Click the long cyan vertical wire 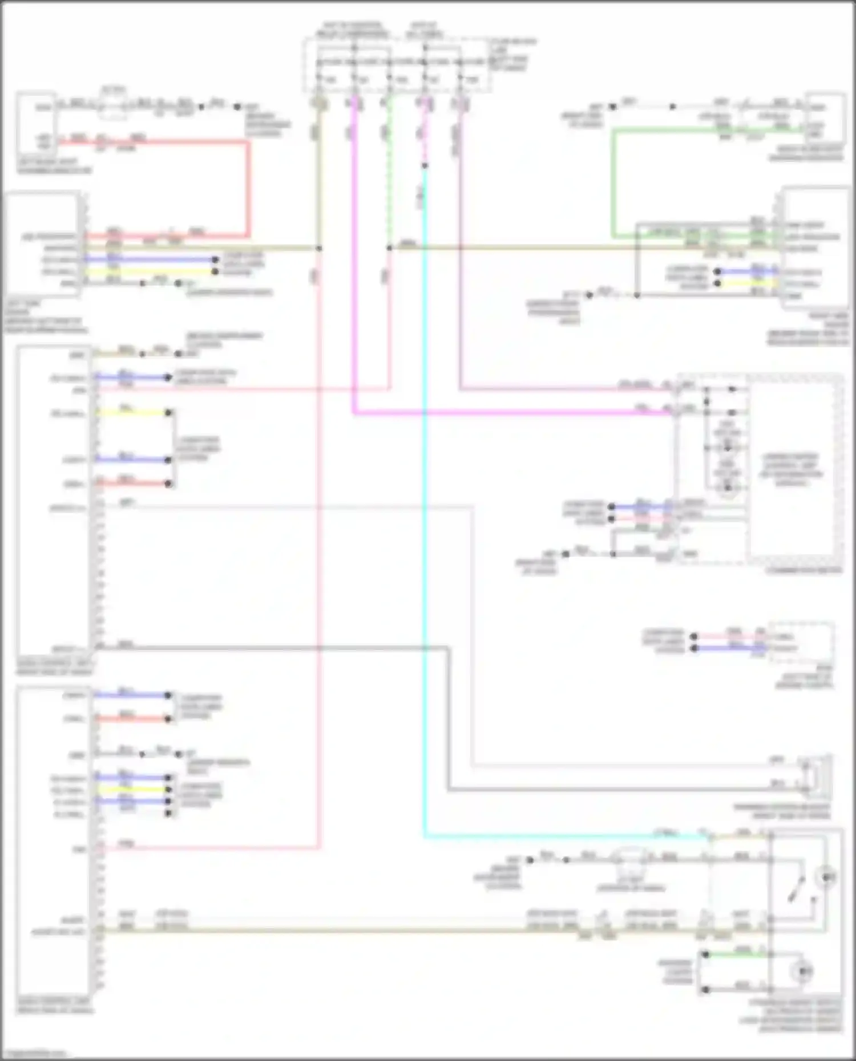coord(425,513)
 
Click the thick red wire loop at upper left coord(248,188)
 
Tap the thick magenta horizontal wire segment coord(514,413)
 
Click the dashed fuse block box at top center coord(397,66)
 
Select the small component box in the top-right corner coord(825,119)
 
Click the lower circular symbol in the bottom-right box coord(803,970)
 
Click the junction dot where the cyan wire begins coord(425,166)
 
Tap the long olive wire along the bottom coord(342,930)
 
